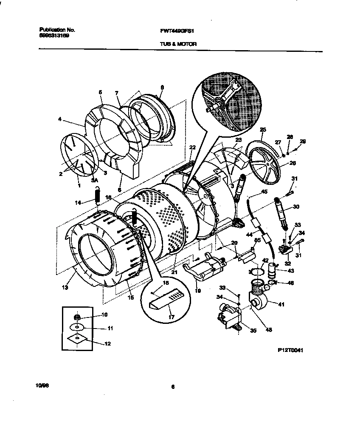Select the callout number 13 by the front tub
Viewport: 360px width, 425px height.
pyautogui.click(x=65, y=288)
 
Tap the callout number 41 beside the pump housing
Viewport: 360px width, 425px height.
pyautogui.click(x=281, y=304)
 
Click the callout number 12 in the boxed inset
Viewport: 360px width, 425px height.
pyautogui.click(x=107, y=344)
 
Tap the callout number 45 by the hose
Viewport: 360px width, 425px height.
pyautogui.click(x=264, y=192)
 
